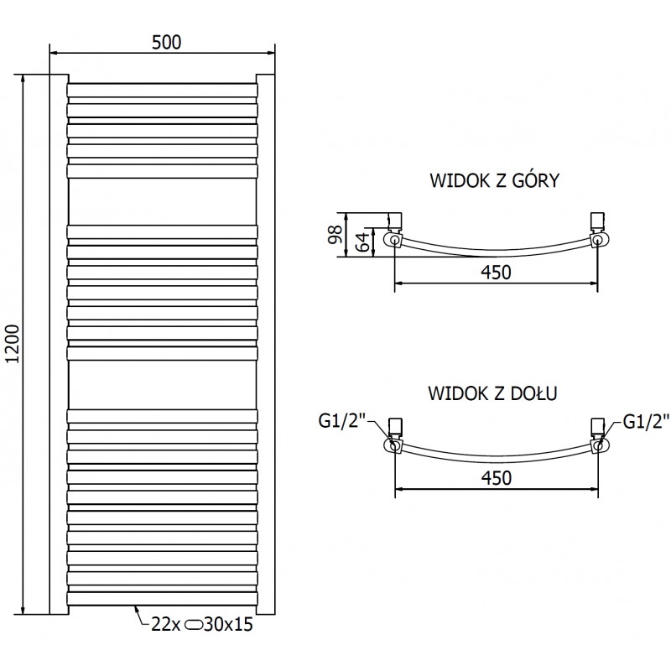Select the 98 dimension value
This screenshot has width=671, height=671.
335,234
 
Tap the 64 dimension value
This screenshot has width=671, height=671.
361,242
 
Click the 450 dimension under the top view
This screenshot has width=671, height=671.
495,272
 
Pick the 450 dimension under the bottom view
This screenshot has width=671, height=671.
495,477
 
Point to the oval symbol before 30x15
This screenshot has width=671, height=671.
193,624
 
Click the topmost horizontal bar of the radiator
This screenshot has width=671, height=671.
161,89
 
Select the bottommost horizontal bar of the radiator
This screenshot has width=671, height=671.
161,598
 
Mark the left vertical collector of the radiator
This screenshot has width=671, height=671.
58,344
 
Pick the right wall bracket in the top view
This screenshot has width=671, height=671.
598,221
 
